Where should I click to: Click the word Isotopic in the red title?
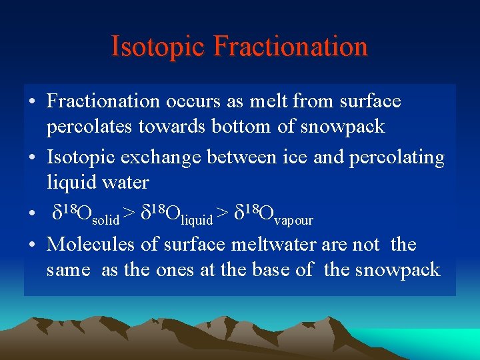click(157, 47)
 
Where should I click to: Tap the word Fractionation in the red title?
click(291, 47)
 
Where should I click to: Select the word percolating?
click(403, 158)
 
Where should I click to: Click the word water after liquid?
click(127, 181)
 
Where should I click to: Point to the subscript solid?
click(106, 219)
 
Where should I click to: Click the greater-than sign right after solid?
click(129, 213)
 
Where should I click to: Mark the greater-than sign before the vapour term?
click(223, 213)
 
